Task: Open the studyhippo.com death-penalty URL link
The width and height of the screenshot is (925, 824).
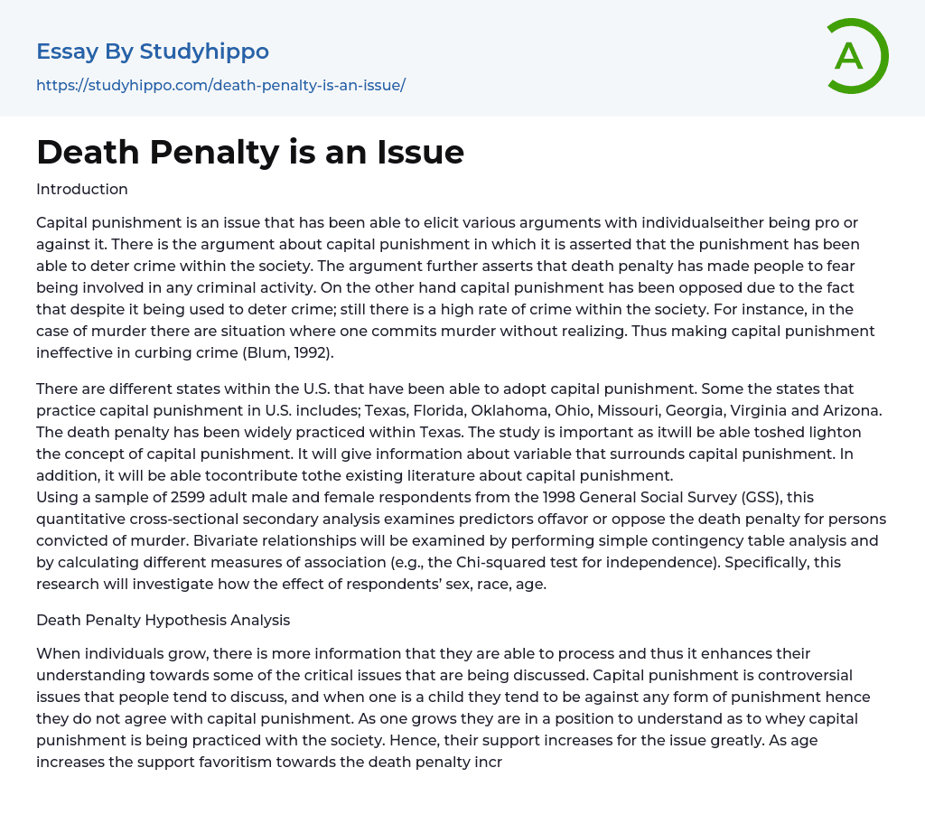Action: point(220,85)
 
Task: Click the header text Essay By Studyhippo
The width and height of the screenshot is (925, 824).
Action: point(153,51)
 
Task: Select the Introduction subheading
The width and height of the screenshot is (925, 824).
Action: point(82,189)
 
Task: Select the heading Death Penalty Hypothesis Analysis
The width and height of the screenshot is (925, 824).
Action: point(163,620)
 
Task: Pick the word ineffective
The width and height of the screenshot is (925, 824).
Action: point(78,352)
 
